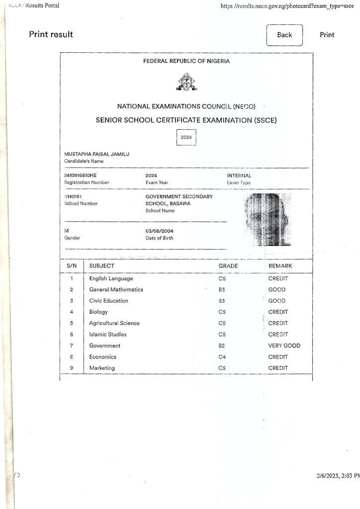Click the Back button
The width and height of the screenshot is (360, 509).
tap(284, 35)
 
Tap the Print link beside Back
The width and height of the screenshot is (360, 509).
tap(327, 35)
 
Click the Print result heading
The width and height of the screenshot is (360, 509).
tap(51, 34)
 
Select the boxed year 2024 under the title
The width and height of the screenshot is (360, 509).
tap(186, 137)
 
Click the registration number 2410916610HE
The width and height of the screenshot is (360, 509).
tap(81, 175)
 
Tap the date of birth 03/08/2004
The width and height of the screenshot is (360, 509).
tap(160, 231)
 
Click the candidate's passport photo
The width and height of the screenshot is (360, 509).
tap(268, 219)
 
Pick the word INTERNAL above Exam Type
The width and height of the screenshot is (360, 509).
tap(239, 175)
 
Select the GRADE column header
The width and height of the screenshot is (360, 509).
tap(228, 266)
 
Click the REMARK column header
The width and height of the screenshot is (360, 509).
tap(280, 266)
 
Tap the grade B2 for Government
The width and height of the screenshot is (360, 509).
tap(222, 345)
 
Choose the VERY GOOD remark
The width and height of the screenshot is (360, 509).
tap(284, 345)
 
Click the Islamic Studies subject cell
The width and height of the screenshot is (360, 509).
tap(108, 335)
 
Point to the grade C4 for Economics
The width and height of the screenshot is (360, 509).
tap(222, 357)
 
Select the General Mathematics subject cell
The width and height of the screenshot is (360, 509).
tap(116, 289)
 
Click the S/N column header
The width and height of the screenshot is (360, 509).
tap(72, 266)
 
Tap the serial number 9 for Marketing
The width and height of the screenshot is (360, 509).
tap(72, 368)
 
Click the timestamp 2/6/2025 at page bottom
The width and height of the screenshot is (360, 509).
tap(338, 476)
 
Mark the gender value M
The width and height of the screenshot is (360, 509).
tap(67, 231)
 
